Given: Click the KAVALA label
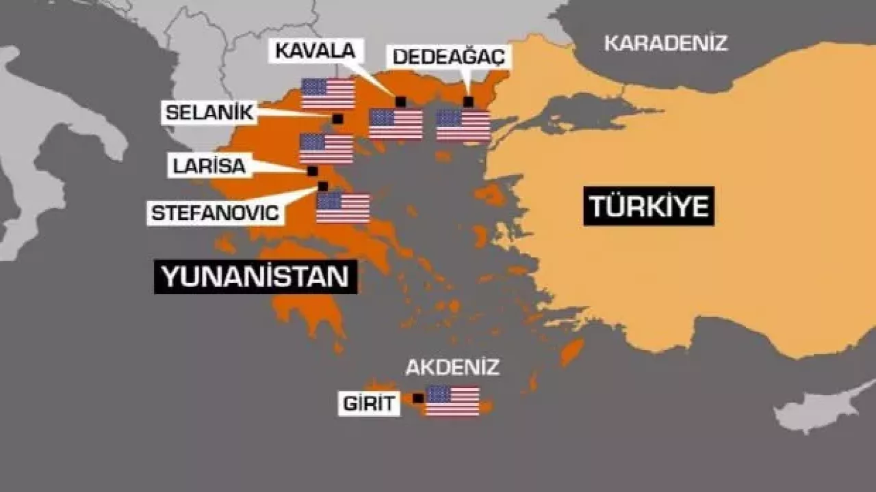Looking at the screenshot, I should pyautogui.click(x=315, y=51).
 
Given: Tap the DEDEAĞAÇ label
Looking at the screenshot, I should pyautogui.click(x=449, y=57).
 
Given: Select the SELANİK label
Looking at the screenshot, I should pyautogui.click(x=209, y=112).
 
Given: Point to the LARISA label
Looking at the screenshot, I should pyautogui.click(x=209, y=165).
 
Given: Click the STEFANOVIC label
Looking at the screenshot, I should pyautogui.click(x=215, y=213).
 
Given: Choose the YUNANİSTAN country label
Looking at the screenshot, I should pyautogui.click(x=255, y=277).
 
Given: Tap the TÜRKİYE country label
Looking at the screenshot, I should pyautogui.click(x=649, y=206).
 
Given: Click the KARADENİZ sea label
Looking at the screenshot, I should pyautogui.click(x=665, y=44).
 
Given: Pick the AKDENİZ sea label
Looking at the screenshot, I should pyautogui.click(x=452, y=367).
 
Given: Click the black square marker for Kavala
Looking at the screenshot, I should pyautogui.click(x=400, y=102).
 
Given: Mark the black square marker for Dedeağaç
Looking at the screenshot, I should pyautogui.click(x=468, y=102).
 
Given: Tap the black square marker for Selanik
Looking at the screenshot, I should pyautogui.click(x=337, y=118).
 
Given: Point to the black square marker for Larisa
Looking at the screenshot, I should pyautogui.click(x=313, y=171).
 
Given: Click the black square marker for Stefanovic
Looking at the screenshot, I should pyautogui.click(x=322, y=186).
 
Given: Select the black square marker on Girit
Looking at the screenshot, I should pyautogui.click(x=417, y=398).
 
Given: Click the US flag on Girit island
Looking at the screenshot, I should pyautogui.click(x=452, y=400).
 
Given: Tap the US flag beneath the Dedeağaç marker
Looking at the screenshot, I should pyautogui.click(x=463, y=125).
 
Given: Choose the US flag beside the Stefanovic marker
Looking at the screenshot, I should pyautogui.click(x=343, y=208).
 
